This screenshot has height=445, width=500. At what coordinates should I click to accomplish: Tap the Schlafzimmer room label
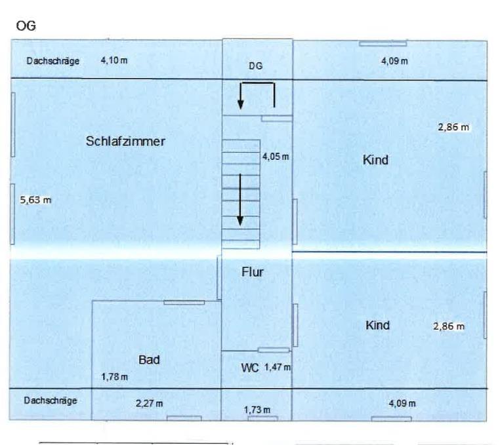pos(125,142)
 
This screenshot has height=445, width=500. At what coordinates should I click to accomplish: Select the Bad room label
pos(149,360)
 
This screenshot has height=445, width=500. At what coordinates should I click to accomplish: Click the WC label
pos(251,368)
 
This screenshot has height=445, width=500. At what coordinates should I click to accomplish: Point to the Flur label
pos(253,272)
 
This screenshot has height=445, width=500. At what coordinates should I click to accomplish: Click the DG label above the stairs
pos(256,66)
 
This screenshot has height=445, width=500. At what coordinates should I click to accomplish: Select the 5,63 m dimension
pos(35,201)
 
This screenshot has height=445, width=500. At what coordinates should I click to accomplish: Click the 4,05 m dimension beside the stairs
pos(276,157)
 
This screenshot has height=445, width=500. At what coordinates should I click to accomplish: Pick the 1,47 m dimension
pos(277,368)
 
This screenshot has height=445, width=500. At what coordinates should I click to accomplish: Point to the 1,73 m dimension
pos(257,410)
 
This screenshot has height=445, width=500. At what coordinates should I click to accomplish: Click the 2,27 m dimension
pos(149,404)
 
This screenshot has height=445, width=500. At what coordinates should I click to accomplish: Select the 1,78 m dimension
pos(114,377)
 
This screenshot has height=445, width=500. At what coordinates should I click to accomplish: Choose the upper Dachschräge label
pos(53,61)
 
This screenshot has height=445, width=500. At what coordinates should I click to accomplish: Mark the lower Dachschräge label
pos(51,400)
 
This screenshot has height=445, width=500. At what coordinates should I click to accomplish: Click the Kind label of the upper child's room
pos(375,160)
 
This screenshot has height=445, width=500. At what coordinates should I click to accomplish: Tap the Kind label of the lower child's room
pos(377,326)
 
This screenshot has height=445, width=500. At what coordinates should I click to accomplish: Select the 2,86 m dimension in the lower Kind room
pos(449,326)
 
